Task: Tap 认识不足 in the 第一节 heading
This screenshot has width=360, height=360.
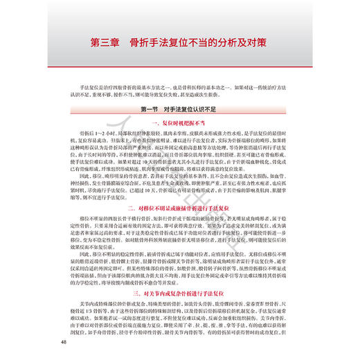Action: [x=206, y=109]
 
